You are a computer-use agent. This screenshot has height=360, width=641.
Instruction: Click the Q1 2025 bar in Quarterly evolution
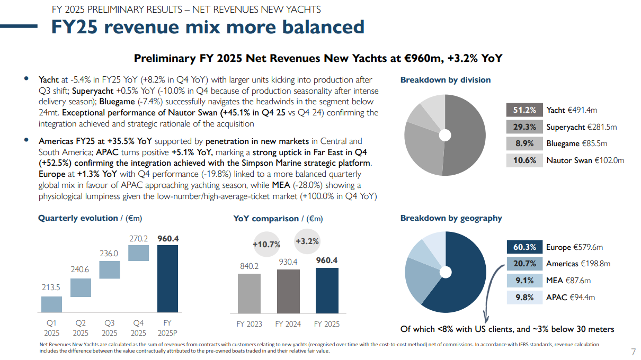[51, 304]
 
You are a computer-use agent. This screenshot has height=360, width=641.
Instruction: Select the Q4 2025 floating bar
[138, 253]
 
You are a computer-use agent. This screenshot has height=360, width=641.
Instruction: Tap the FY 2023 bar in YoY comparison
[249, 293]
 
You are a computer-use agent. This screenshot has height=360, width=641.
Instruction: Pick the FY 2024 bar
[288, 291]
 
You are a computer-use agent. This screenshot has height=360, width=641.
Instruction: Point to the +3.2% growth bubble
[307, 241]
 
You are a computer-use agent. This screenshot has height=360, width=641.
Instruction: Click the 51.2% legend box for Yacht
[524, 110]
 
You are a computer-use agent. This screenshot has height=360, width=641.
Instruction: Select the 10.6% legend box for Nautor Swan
[524, 160]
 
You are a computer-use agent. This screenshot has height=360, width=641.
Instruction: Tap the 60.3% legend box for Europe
[524, 247]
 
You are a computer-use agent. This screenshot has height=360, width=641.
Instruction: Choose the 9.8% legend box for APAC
[524, 298]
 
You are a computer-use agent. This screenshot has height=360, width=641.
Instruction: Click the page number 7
[633, 352]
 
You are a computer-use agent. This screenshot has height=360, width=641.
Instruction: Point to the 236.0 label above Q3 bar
[109, 254]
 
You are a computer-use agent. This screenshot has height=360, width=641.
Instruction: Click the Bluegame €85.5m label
[576, 143]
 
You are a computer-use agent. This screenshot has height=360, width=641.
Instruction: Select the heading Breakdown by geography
[451, 218]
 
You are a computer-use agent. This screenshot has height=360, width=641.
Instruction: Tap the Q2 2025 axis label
[81, 328]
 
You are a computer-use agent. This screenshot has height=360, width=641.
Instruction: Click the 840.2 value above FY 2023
[249, 266]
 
